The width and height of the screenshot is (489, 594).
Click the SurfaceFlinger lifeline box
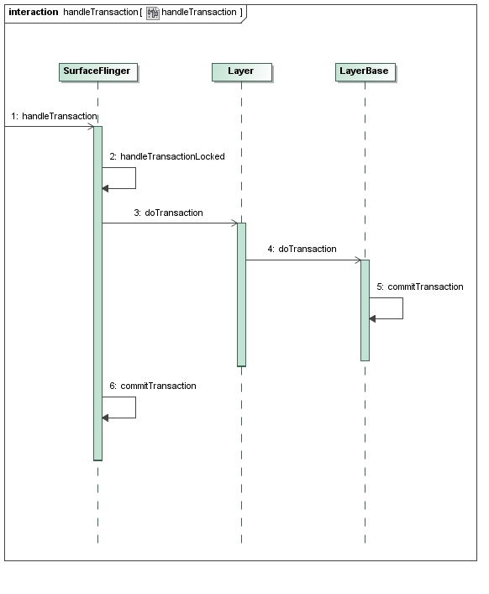98,72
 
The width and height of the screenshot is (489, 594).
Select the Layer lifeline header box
242,72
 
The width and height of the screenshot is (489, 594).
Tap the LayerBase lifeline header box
365,72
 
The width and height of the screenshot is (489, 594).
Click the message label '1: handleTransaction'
54,116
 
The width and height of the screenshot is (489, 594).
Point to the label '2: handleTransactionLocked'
167,156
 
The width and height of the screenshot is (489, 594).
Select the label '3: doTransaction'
168,213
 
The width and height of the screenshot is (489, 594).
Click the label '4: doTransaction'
302,249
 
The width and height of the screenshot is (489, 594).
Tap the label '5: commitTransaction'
420,286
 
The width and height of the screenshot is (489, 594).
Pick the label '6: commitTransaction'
153,386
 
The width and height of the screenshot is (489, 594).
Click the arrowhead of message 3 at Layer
235,223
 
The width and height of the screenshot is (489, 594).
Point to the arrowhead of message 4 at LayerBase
358,260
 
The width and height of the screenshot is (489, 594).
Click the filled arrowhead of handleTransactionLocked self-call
105,189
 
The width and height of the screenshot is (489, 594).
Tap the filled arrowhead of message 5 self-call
372,319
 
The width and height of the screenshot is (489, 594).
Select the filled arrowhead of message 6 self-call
105,418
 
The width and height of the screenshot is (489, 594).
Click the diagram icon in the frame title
153,13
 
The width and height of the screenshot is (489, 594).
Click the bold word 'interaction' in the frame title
34,12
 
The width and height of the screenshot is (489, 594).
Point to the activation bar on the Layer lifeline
242,295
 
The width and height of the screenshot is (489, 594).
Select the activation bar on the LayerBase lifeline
365,310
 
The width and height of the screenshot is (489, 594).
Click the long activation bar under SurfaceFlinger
97,293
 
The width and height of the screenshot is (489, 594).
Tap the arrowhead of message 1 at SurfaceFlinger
91,127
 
